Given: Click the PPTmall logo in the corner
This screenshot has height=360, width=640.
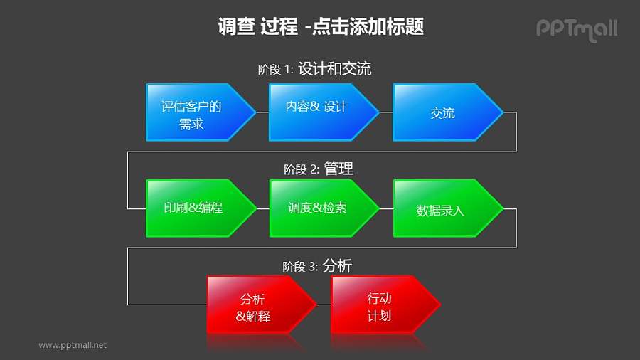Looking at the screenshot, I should point(576,28).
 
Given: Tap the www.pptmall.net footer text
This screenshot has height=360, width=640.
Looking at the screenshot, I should point(73,345).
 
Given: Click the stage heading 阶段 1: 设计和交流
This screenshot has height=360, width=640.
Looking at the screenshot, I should point(314,70).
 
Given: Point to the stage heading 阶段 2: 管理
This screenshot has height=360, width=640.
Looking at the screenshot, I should point(319,169).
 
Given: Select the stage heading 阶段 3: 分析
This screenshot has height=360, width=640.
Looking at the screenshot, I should point(317,267).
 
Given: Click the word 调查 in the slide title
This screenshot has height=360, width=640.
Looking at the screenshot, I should point(235,27).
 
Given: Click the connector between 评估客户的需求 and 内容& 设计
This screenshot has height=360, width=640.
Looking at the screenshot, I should point(262,112).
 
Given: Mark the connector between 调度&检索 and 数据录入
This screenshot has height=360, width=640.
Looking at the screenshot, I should point(386,208).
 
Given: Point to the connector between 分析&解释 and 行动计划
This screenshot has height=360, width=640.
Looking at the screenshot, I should point(324,305).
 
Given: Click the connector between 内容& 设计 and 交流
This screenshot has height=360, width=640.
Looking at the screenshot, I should point(386,112).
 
